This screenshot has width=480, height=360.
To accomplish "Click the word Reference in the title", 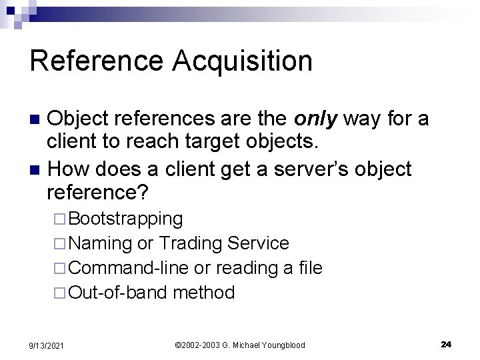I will (96, 61).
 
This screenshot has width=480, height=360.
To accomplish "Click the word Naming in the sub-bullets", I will (101, 243).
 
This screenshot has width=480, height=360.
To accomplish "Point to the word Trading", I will (192, 243).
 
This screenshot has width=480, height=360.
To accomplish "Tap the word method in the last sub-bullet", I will (203, 293).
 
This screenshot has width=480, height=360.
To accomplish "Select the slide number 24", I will (446, 344).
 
